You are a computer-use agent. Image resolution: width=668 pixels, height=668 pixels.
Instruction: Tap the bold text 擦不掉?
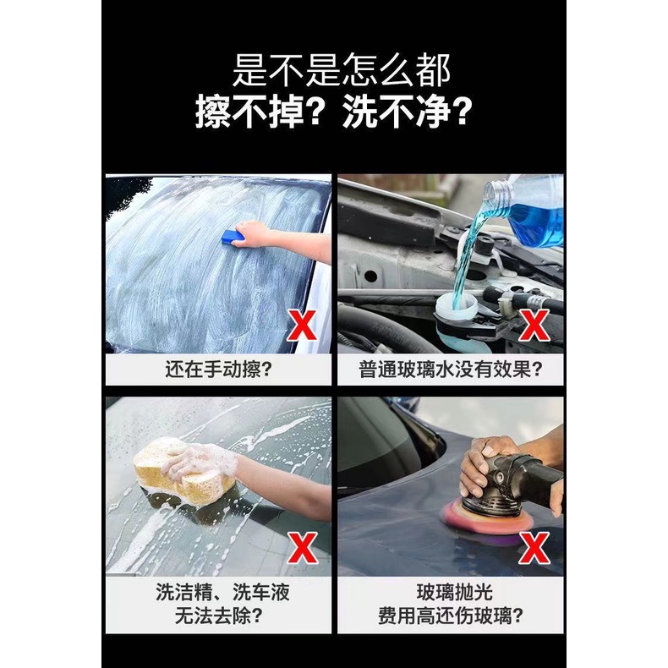click(258, 112)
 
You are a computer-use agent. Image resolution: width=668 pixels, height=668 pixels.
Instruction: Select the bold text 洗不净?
click(408, 112)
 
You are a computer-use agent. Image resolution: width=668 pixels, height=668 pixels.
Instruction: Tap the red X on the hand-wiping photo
click(302, 326)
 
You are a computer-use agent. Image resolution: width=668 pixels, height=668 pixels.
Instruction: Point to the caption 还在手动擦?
click(218, 370)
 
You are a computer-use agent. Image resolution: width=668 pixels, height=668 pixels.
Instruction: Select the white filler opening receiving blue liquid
click(457, 304)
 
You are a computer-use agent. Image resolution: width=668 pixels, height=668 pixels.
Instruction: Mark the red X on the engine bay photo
click(534, 326)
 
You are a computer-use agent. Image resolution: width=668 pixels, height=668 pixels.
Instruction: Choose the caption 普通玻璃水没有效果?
click(451, 370)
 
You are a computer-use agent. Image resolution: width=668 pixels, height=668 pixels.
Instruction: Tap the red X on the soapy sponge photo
click(302, 548)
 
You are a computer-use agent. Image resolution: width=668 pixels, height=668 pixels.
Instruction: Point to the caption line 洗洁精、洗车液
click(222, 592)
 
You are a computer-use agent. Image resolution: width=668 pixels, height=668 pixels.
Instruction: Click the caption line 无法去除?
click(218, 616)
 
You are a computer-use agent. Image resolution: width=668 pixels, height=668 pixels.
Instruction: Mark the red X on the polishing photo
click(534, 549)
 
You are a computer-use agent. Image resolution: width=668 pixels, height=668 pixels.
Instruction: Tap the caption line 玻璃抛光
click(455, 592)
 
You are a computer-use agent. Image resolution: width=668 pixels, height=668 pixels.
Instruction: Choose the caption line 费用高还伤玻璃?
click(451, 616)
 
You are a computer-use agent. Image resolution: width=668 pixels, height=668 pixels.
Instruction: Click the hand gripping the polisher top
click(485, 461)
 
